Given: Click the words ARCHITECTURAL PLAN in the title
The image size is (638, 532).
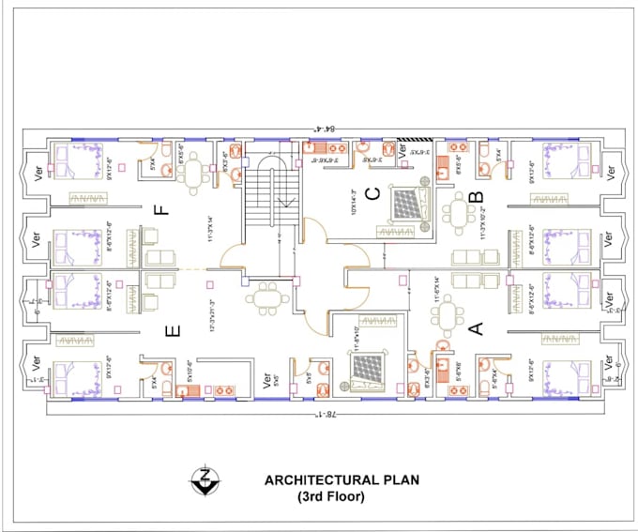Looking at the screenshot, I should pyautogui.click(x=342, y=479).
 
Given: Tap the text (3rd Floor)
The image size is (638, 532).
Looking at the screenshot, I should pyautogui.click(x=332, y=496).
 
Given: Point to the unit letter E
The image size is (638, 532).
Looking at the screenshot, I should pyautogui.click(x=171, y=330).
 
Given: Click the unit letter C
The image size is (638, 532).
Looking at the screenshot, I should pyautogui.click(x=372, y=194).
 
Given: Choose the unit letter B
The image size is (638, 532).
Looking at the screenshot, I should pyautogui.click(x=476, y=197).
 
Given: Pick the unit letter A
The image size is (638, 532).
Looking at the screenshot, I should pyautogui.click(x=475, y=327).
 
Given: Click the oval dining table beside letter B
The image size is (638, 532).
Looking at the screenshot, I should pyautogui.click(x=458, y=215).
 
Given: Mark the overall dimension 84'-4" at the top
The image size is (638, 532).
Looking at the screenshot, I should pyautogui.click(x=325, y=131).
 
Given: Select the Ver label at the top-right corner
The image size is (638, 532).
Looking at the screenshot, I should pyautogui.click(x=611, y=174).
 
